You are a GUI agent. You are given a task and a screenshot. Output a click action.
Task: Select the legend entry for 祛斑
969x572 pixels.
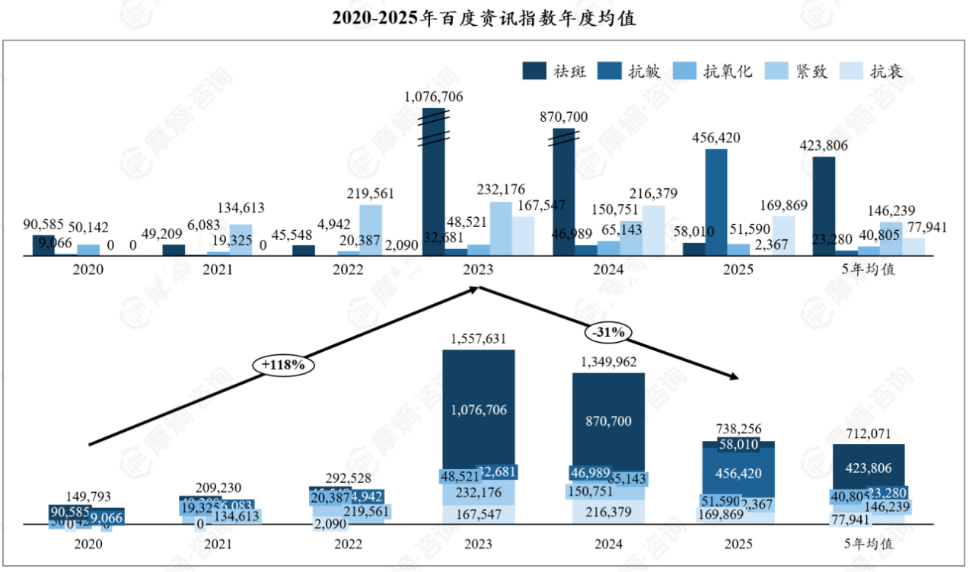coord(555,72)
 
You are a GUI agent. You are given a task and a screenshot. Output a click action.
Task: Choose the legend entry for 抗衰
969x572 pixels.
coord(871,72)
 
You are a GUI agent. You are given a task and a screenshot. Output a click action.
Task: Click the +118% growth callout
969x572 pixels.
coord(283,366)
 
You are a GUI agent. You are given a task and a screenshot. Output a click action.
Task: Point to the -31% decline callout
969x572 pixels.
coord(607,332)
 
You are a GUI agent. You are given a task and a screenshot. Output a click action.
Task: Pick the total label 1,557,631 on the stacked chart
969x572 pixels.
coord(478,338)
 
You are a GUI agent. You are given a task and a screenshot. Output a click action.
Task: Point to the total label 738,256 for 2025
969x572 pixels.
coord(738,430)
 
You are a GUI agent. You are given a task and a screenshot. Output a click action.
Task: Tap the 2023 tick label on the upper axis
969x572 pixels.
coord(478,270)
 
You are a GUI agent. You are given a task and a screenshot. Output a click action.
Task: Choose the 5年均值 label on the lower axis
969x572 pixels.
coord(868,545)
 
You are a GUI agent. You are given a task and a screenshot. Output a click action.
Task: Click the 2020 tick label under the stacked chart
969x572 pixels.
coord(88,545)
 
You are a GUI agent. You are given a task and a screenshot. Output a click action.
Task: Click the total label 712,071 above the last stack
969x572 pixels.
coord(868,433)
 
